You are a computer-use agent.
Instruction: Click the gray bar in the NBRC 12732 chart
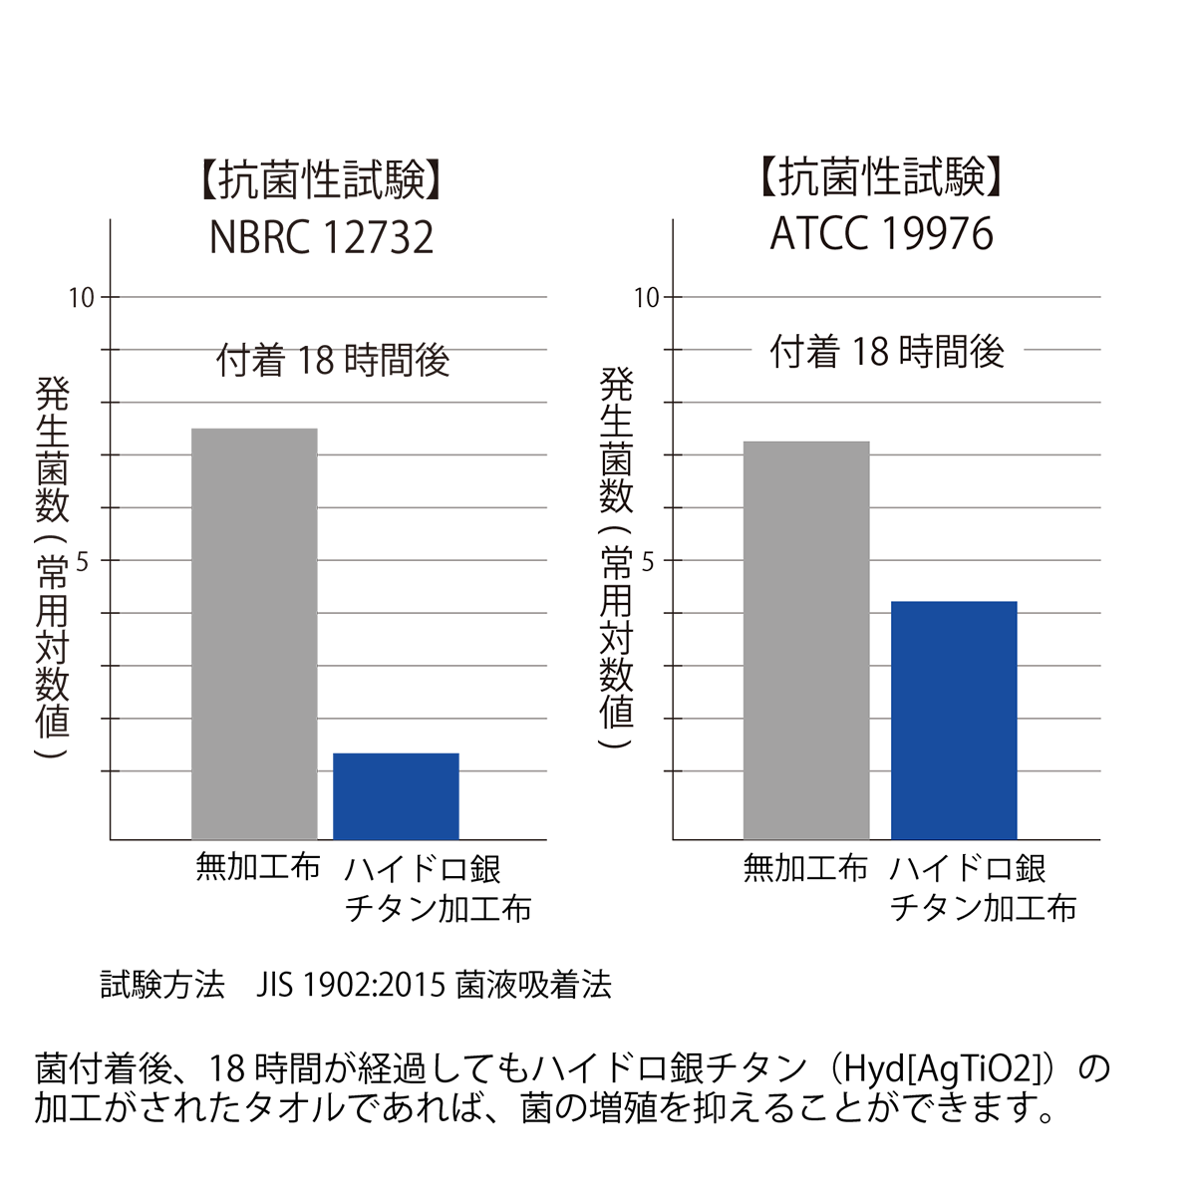point(254,634)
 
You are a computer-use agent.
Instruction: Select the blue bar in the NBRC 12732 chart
point(396,796)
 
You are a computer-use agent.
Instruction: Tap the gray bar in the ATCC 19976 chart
point(806,640)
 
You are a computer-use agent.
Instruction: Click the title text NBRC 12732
point(322,238)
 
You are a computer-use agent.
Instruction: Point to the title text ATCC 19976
point(882,234)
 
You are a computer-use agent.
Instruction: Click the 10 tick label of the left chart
point(81,297)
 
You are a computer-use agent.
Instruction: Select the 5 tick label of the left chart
point(83,562)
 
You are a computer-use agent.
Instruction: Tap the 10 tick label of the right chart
point(647,297)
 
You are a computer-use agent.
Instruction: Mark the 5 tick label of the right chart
point(648,562)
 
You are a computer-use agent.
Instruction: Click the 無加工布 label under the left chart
point(258,868)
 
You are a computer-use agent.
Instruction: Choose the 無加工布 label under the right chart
point(805,869)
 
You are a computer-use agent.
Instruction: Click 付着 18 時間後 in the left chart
point(333,360)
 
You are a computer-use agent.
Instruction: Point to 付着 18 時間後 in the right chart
point(887,352)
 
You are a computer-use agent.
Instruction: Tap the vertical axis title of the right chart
point(617,558)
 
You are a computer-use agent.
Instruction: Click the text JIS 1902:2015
point(350,985)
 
